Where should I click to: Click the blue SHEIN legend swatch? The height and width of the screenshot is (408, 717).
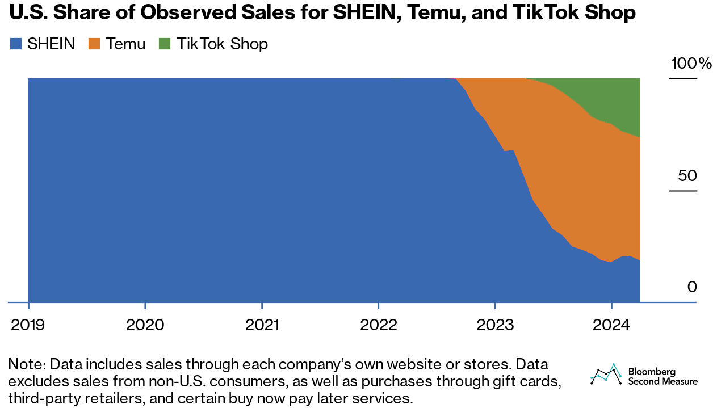[16, 44]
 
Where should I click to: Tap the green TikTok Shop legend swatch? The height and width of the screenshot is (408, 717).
[165, 44]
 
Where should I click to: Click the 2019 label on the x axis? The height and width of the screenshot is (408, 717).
[28, 325]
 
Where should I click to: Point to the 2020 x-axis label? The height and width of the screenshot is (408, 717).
[145, 325]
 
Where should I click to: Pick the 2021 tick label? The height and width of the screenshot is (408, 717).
[262, 325]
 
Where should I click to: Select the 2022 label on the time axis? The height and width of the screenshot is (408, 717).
[379, 325]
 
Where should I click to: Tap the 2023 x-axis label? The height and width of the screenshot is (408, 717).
[495, 325]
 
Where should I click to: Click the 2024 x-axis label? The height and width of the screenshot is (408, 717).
[611, 325]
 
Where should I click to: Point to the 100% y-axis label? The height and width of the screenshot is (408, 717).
[690, 64]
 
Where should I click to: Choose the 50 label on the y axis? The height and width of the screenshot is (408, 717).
[687, 175]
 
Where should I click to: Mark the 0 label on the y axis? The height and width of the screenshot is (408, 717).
[691, 287]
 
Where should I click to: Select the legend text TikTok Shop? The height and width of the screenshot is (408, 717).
[222, 44]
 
